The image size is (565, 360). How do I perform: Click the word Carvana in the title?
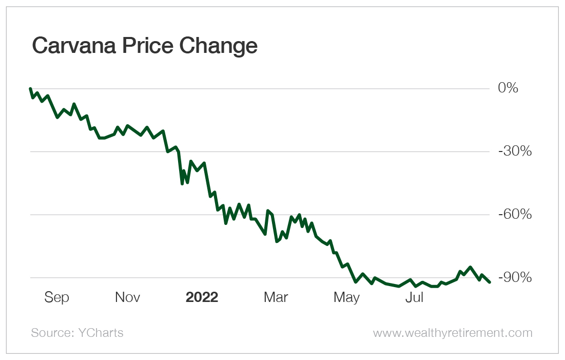(x=72, y=46)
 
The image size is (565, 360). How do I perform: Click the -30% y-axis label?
(x=515, y=151)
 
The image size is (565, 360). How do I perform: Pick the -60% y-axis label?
(x=515, y=215)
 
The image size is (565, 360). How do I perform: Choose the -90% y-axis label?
(x=515, y=278)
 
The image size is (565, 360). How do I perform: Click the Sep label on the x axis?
(x=56, y=297)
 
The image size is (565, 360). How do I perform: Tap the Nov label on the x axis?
(x=127, y=297)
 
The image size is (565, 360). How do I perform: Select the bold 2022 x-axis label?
(x=202, y=297)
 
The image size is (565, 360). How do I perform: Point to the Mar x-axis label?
(x=276, y=297)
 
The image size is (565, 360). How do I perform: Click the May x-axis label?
(x=346, y=297)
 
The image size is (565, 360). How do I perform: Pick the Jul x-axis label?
(x=414, y=297)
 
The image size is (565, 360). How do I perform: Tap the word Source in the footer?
(x=49, y=333)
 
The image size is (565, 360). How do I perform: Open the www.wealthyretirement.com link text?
(x=453, y=333)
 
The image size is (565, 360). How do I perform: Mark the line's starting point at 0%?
(x=31, y=88)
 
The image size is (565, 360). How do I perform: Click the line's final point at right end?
(x=490, y=282)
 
